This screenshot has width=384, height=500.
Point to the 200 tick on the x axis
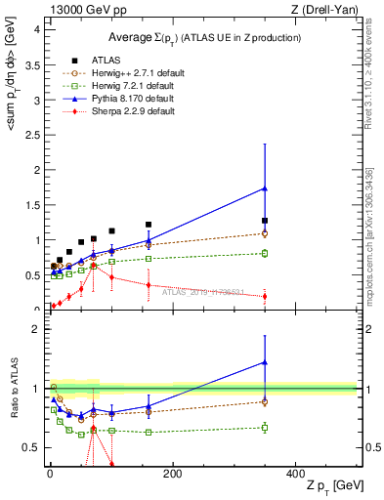[x=172, y=474]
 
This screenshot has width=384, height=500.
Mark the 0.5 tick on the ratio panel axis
[x=34, y=447]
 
